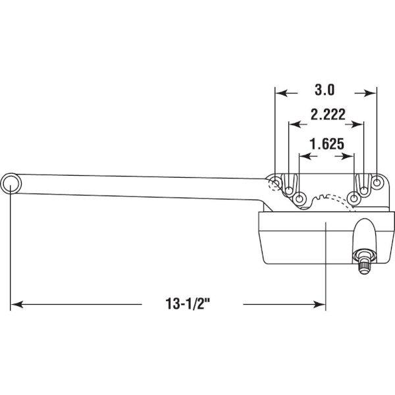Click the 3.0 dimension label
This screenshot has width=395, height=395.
[325, 90]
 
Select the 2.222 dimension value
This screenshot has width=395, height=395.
[328, 115]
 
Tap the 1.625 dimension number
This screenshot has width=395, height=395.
[327, 144]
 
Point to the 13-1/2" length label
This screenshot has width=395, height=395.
[188, 303]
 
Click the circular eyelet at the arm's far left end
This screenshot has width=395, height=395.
[11, 184]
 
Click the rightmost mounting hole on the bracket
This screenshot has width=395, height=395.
[377, 182]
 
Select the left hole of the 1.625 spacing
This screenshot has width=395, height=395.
[300, 199]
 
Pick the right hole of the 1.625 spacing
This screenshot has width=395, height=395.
[354, 198]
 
